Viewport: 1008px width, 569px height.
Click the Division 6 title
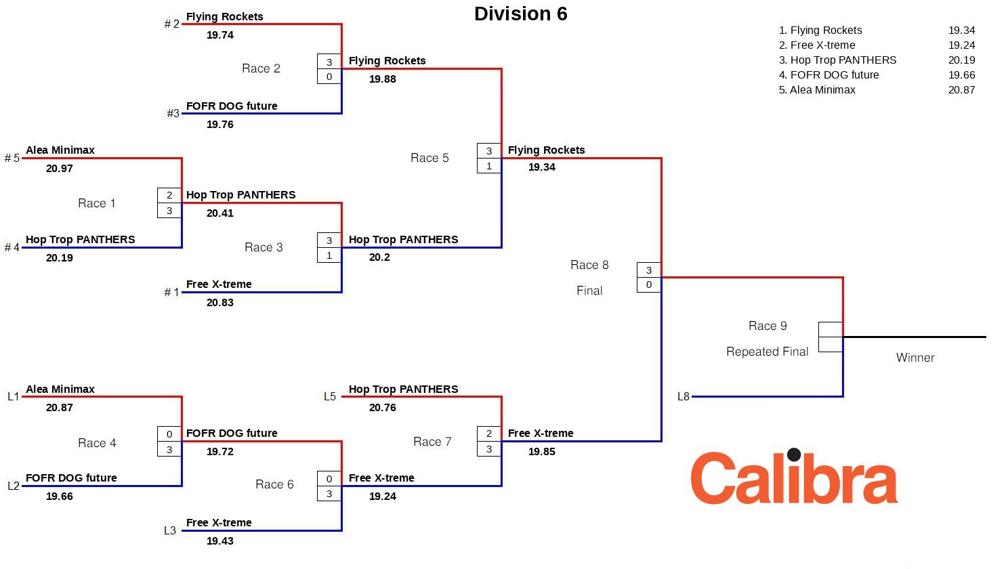pyautogui.click(x=520, y=14)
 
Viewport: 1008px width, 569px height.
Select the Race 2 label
pyautogui.click(x=261, y=68)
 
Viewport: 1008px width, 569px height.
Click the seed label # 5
pyautogui.click(x=12, y=159)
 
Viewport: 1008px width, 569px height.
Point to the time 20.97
pyautogui.click(x=60, y=169)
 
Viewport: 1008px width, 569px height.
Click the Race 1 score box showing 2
pyautogui.click(x=169, y=195)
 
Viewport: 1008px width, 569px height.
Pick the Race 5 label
pyautogui.click(x=429, y=158)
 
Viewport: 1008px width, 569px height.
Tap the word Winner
pyautogui.click(x=915, y=358)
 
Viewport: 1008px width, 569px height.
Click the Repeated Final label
pyautogui.click(x=767, y=352)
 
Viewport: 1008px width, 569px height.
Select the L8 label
pyautogui.click(x=684, y=397)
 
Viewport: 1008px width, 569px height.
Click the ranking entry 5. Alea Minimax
pyautogui.click(x=817, y=90)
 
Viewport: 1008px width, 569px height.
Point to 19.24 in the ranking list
pyautogui.click(x=961, y=45)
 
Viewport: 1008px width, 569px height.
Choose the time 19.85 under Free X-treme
pyautogui.click(x=542, y=452)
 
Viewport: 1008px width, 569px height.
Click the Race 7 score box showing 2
pyautogui.click(x=489, y=434)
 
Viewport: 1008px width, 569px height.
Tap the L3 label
pyautogui.click(x=170, y=531)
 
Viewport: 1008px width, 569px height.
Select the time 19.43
pyautogui.click(x=220, y=541)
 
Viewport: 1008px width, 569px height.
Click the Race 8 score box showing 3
pyautogui.click(x=649, y=270)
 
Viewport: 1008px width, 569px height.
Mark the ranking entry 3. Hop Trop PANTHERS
pyautogui.click(x=837, y=60)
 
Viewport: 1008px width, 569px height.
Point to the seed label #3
pyautogui.click(x=173, y=114)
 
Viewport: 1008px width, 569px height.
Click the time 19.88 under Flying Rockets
pyautogui.click(x=383, y=79)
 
